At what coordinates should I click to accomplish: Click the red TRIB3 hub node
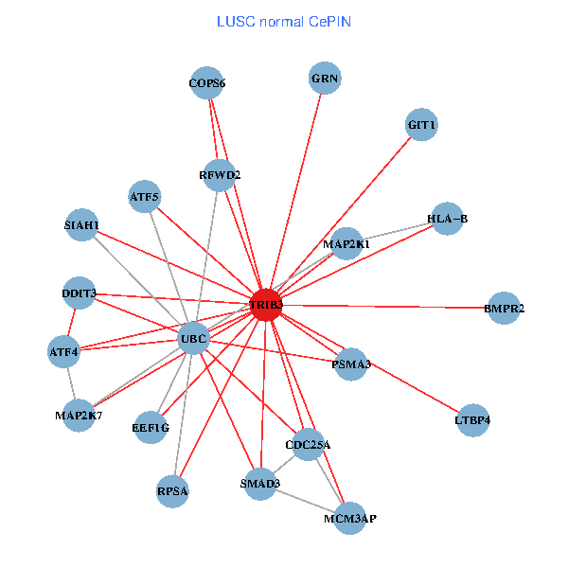click(x=266, y=305)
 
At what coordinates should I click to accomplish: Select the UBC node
click(x=193, y=339)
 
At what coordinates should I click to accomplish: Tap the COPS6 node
click(x=206, y=83)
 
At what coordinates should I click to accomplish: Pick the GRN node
click(x=325, y=79)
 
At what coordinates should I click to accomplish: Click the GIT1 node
click(x=421, y=125)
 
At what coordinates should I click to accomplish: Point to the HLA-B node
click(x=447, y=220)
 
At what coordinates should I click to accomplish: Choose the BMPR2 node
click(x=504, y=309)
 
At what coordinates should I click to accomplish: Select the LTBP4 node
click(x=473, y=419)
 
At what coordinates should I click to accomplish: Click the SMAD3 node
click(x=260, y=485)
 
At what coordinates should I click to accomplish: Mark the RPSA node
click(x=172, y=491)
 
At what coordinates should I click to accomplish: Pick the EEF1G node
click(x=151, y=428)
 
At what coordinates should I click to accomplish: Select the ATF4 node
click(x=64, y=352)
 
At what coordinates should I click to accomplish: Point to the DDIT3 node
click(x=79, y=293)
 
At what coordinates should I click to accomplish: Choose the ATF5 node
click(x=145, y=197)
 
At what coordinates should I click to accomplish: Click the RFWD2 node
click(x=220, y=175)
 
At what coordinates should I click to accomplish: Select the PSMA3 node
click(x=351, y=364)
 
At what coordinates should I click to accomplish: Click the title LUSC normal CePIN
click(x=284, y=21)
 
